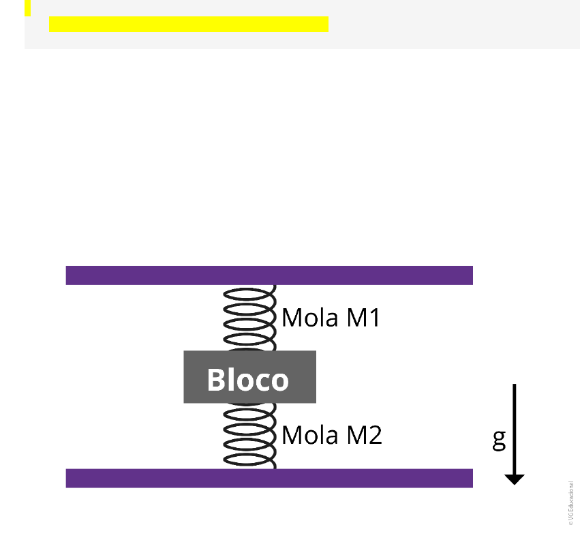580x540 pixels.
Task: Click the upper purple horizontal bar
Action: click(269, 275)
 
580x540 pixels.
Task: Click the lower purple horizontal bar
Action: click(269, 478)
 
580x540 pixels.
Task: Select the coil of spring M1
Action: click(249, 318)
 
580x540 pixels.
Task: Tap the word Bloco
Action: click(248, 380)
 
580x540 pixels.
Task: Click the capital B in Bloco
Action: click(216, 380)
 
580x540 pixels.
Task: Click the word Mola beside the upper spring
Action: click(309, 318)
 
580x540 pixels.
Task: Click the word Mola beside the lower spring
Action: click(309, 435)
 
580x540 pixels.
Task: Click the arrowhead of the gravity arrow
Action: click(515, 479)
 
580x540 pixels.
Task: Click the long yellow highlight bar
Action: click(189, 25)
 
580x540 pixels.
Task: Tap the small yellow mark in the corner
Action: click(28, 7)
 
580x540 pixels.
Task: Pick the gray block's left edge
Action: click(185, 377)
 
